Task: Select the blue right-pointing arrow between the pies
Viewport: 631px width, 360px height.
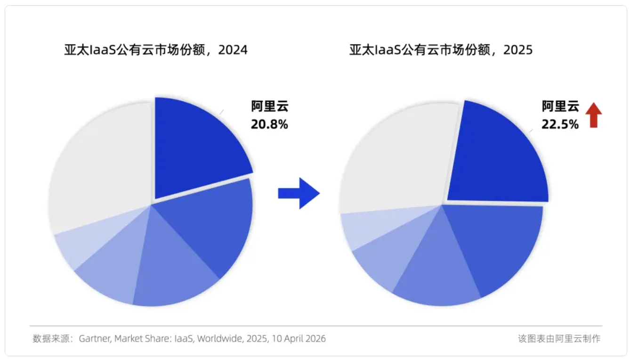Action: (299, 193)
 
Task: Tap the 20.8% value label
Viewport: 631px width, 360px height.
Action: (269, 125)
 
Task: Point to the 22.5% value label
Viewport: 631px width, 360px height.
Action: (560, 125)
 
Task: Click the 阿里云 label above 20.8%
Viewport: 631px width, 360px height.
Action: (269, 106)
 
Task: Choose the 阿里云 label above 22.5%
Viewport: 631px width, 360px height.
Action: (560, 106)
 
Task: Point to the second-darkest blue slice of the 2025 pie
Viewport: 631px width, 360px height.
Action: (499, 245)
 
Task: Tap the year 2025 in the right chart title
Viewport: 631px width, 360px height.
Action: (518, 50)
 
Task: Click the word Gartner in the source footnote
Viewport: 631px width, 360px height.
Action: (95, 339)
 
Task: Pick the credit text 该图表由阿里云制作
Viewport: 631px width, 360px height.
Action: (559, 339)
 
